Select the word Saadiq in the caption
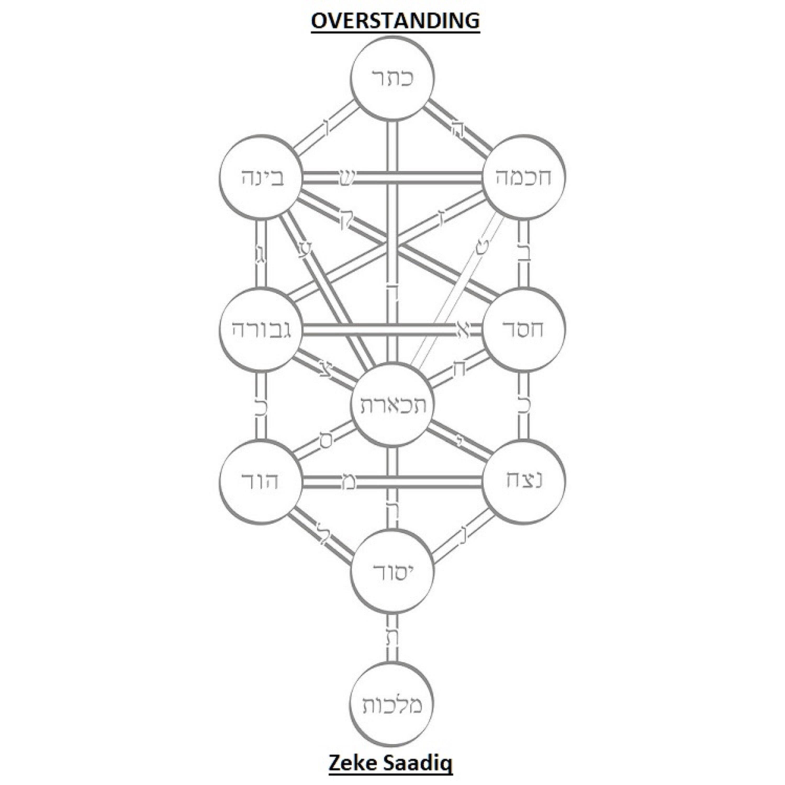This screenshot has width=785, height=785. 417,764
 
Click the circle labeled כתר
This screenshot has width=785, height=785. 392,78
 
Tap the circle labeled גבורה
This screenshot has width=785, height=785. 261,329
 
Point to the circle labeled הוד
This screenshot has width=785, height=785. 261,481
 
